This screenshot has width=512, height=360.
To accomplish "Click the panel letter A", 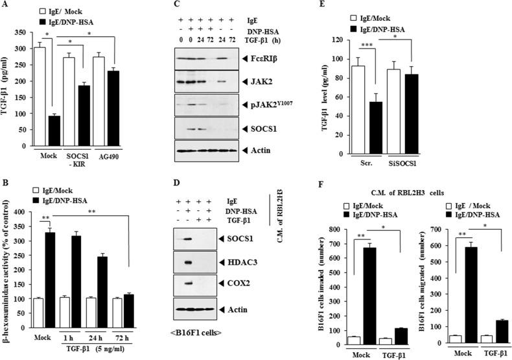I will point(5,6).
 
